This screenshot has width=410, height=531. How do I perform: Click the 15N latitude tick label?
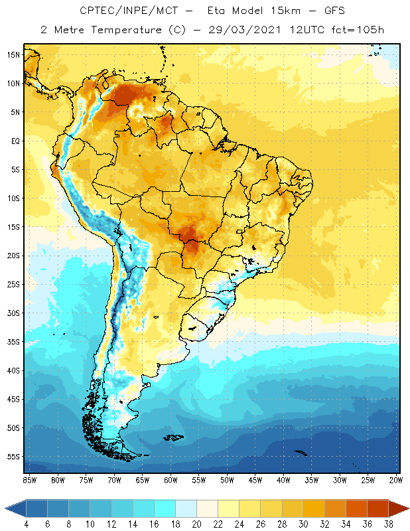(x=13, y=54)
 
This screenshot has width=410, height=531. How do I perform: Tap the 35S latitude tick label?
(x=13, y=342)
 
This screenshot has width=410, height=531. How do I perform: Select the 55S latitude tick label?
(x=13, y=457)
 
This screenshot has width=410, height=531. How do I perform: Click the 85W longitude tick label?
(x=29, y=479)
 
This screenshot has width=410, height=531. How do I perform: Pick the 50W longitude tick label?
(x=228, y=479)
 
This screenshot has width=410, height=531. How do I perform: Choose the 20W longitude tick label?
(x=397, y=479)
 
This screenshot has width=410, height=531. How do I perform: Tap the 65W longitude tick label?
(x=143, y=479)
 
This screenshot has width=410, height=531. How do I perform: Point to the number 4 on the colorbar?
(x=27, y=525)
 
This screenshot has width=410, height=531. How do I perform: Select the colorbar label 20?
(x=196, y=525)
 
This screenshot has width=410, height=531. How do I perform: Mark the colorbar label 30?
(x=303, y=525)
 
